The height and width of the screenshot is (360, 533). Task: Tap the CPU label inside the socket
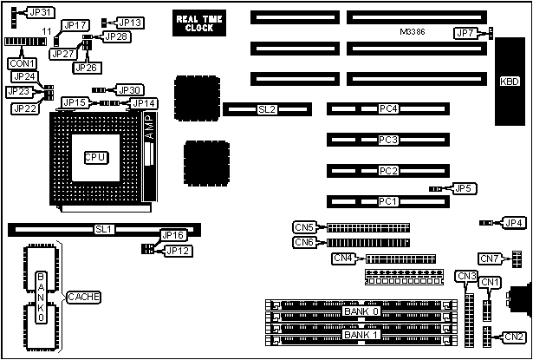click(x=95, y=156)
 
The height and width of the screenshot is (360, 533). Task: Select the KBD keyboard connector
click(x=508, y=83)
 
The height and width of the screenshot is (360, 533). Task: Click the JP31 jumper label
click(x=41, y=12)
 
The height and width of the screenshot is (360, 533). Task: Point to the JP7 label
click(x=465, y=33)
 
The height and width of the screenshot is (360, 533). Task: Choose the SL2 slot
click(x=267, y=110)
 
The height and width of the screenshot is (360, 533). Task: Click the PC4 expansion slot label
click(x=388, y=109)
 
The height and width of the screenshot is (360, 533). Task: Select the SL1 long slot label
click(x=104, y=230)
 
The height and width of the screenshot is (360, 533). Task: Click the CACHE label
click(x=83, y=297)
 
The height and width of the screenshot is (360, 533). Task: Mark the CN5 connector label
click(x=304, y=227)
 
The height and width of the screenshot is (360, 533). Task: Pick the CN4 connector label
click(x=343, y=258)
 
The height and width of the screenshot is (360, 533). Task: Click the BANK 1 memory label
click(x=361, y=335)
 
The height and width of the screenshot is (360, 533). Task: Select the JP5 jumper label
click(x=464, y=187)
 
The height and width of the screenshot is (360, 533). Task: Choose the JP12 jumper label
click(x=177, y=251)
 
